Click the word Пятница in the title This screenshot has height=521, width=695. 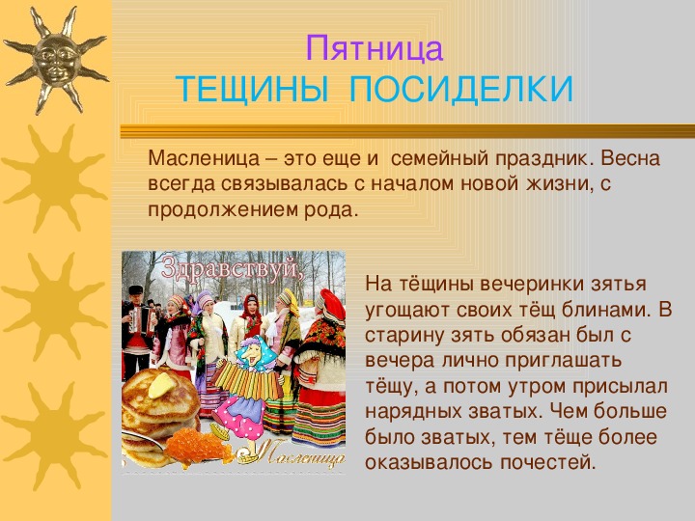coord(375,49)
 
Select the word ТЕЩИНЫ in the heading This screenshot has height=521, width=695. coord(253,90)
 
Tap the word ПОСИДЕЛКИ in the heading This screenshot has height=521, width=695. coord(461,90)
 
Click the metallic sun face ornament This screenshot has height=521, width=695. coord(56,59)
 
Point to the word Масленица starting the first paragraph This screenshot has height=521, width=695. coord(204,158)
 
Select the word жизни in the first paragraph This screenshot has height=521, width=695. coord(559,183)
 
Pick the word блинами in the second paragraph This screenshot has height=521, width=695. coord(607,310)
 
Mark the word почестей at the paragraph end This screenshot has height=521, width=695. coord(548,462)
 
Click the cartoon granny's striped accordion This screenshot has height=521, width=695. coord(246,380)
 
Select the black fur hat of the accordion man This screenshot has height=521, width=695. coord(136,289)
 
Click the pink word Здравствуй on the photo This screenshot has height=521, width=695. coord(232,267)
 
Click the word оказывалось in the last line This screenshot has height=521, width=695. coord(429,462)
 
